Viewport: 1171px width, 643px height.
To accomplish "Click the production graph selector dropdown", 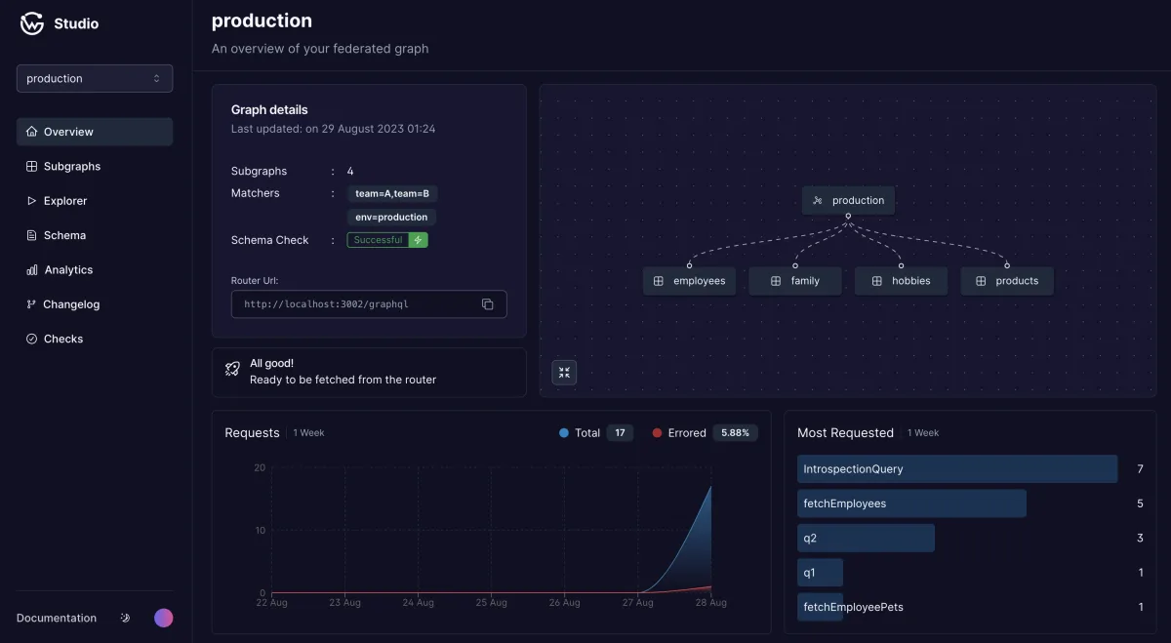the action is (x=95, y=78).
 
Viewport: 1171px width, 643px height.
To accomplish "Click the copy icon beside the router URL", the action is (x=487, y=304).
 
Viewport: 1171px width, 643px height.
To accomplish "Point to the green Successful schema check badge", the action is (x=387, y=240).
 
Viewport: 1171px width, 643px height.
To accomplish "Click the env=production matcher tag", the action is (x=391, y=217).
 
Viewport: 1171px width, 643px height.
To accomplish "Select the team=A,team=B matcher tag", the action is (x=392, y=193).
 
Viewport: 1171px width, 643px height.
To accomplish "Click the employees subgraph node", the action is (x=689, y=281).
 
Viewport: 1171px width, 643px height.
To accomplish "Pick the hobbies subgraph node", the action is (x=901, y=281).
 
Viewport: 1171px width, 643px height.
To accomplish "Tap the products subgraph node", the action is (x=1007, y=281).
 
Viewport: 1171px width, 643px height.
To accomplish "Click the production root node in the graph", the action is (x=848, y=200).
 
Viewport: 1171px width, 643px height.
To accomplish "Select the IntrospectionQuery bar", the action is (x=957, y=469).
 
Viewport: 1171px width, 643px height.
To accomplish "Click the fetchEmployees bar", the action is (x=911, y=503).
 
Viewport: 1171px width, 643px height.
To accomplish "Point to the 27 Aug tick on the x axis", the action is (x=637, y=602).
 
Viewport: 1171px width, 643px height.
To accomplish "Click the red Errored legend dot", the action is (x=657, y=433).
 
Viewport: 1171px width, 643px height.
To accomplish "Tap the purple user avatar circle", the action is (x=164, y=618).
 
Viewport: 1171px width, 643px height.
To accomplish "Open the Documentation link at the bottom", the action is (x=57, y=618).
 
